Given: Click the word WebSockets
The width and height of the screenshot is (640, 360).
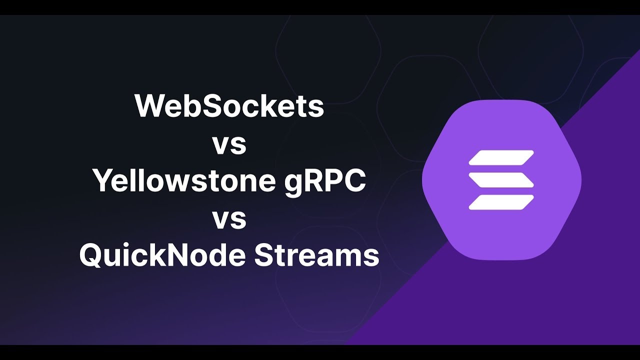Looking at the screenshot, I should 229,106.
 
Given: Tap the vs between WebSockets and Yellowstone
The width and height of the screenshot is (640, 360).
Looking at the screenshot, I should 229,144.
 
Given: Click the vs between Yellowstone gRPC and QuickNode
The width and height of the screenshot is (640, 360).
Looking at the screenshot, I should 229,219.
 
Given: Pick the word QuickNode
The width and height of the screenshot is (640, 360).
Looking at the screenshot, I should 162,256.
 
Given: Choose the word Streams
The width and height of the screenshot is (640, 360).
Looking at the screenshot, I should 316,256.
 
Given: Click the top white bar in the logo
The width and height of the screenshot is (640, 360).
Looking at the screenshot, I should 501,157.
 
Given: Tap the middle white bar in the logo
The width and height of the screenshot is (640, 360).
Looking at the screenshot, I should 501,179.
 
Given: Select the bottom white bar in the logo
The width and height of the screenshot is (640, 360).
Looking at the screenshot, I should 501,201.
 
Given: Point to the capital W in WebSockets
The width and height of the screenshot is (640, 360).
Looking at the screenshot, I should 148,106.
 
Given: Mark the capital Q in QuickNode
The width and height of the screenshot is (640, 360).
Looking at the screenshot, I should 92,256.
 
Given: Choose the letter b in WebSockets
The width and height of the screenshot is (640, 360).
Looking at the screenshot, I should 193,106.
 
